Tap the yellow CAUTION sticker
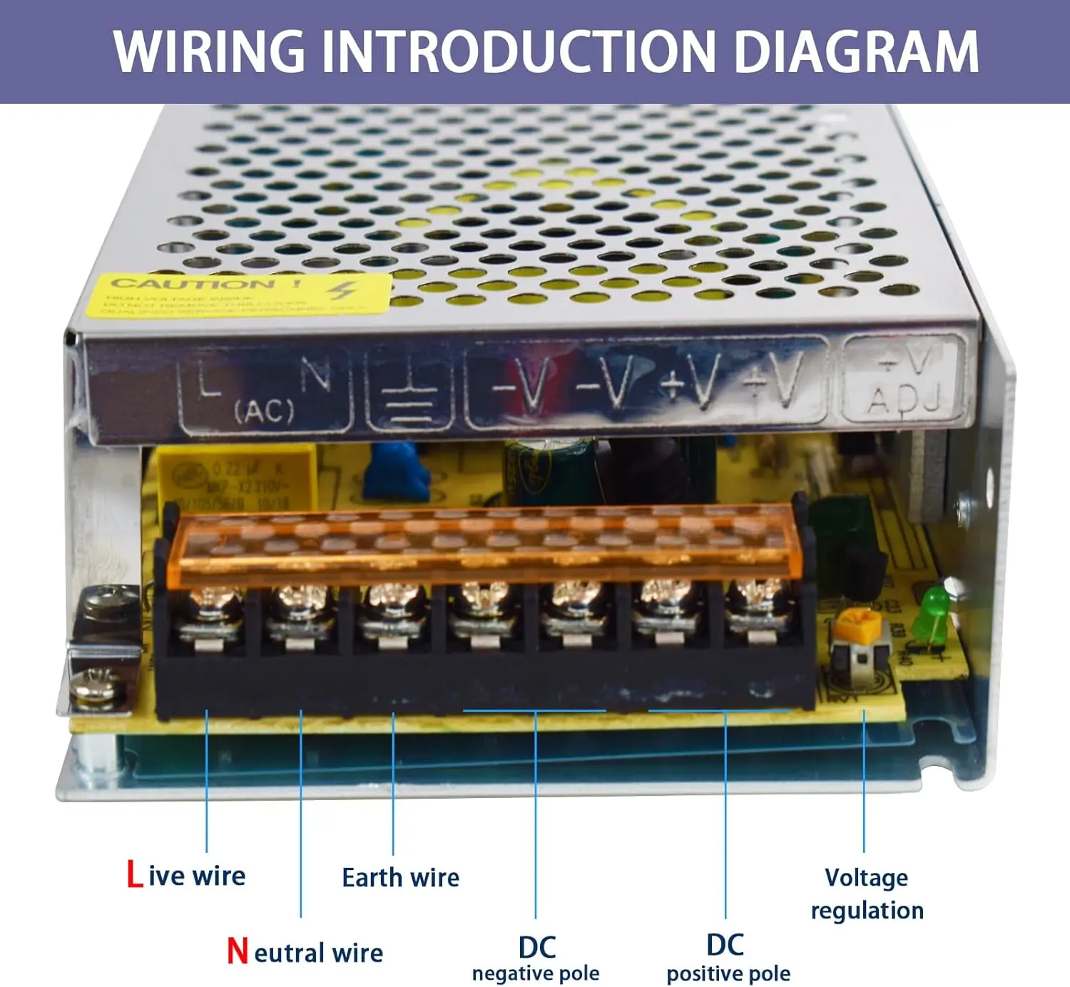tap(243, 295)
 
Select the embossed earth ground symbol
tap(409, 396)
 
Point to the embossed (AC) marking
tap(264, 411)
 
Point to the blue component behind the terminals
tap(397, 471)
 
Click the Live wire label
tap(186, 875)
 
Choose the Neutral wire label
tap(305, 952)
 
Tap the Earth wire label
tap(400, 877)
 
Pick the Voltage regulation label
tap(867, 894)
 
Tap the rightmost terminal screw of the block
tap(757, 599)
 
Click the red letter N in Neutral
tap(238, 951)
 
